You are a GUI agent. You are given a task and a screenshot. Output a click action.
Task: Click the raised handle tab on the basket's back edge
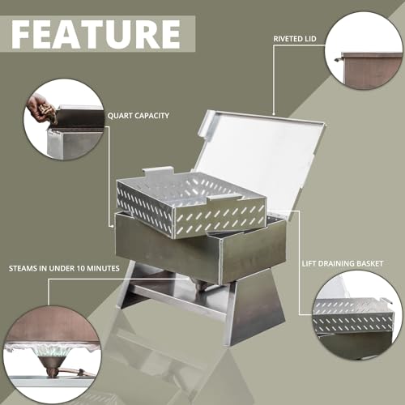click(157, 173)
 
